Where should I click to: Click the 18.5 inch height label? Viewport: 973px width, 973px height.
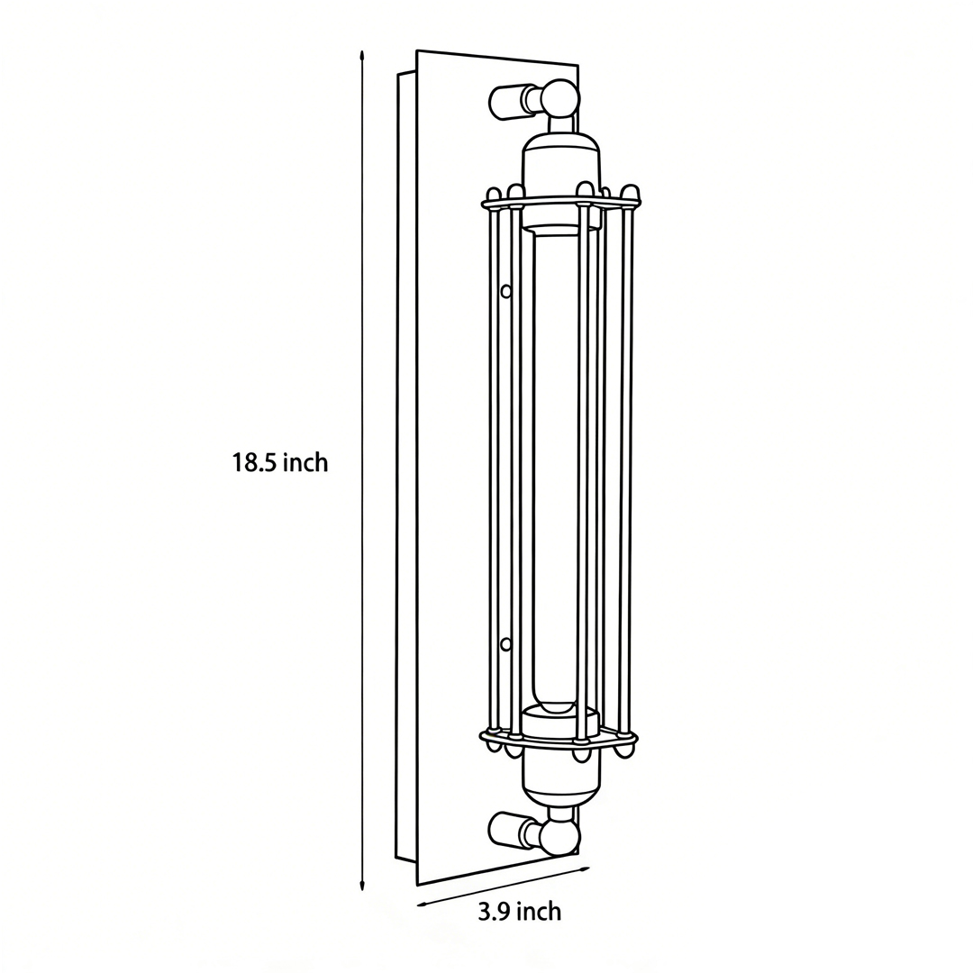point(280,463)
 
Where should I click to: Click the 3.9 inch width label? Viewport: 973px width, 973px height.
point(519,912)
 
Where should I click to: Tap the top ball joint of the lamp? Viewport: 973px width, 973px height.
point(560,97)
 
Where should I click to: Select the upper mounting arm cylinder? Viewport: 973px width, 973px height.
point(509,102)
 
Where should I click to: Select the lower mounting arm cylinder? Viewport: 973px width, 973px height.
point(509,829)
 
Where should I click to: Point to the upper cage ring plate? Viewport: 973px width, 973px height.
point(562,204)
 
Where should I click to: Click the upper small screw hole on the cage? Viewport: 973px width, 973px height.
point(506,290)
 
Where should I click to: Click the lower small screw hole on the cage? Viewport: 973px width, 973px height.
point(505,643)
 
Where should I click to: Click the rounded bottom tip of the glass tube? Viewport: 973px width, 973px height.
point(553,705)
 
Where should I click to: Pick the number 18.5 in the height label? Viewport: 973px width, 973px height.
point(255,463)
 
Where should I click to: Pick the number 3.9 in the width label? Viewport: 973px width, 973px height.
point(494,912)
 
